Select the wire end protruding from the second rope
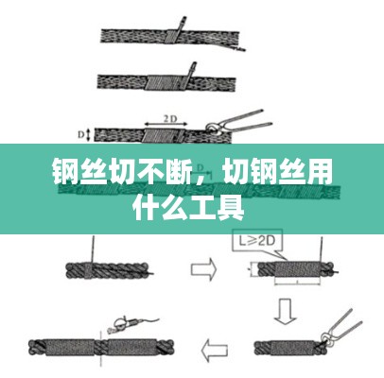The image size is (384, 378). coord(191,69)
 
